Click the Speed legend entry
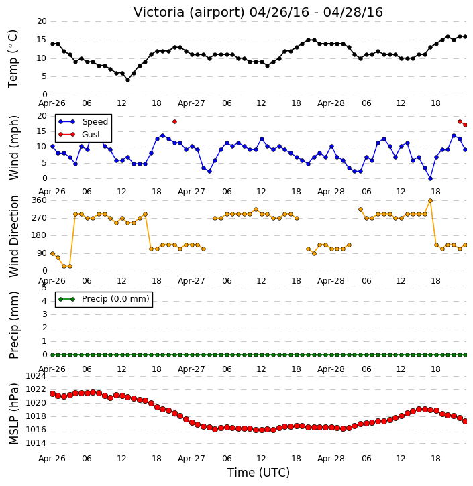pos(83,122)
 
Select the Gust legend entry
pos(79,135)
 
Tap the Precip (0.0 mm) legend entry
pos(104,299)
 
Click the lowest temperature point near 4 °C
pos(127,80)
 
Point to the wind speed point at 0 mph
pos(431,178)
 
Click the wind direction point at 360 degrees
pos(430,201)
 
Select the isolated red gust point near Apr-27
pos(174,122)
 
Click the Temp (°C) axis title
pos(13,59)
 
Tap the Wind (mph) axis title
pos(13,147)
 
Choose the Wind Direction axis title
pos(13,236)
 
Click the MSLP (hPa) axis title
pos(13,414)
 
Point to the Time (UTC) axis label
pos(258,473)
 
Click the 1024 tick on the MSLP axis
pos(36,376)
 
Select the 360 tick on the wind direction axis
pos(40,200)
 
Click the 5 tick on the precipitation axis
pos(44,288)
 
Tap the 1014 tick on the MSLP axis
pos(36,443)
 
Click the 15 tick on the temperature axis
pos(42,40)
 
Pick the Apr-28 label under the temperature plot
pos(331,103)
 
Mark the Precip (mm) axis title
pos(13,325)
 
